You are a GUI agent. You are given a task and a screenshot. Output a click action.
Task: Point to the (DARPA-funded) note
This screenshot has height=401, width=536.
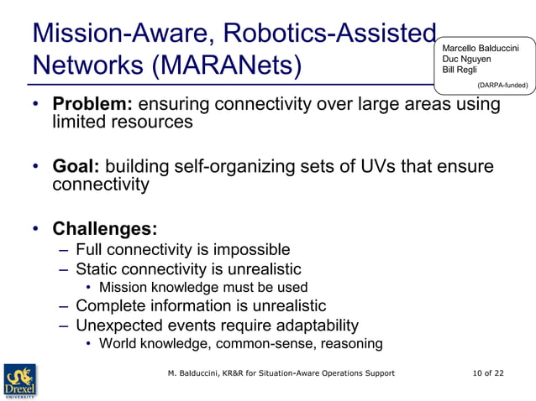502,85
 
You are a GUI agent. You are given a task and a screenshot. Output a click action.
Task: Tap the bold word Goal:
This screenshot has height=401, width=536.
76,166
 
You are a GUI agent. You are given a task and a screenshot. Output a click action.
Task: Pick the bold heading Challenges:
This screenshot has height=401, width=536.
105,228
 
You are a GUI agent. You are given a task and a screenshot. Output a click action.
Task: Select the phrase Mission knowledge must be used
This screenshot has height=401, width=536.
197,288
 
